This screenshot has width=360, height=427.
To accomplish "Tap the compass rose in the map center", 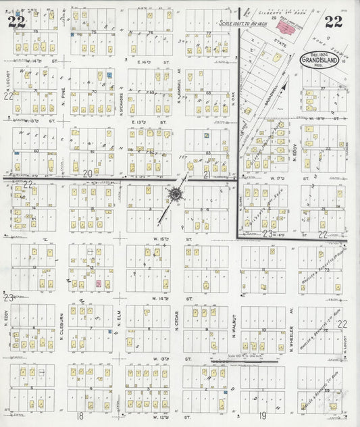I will tap(174, 195).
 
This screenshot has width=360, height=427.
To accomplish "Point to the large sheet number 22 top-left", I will tap(16, 22).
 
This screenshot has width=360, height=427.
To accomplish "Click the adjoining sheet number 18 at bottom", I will tap(80, 416).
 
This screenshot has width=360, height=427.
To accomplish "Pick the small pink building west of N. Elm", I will tap(99, 284).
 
